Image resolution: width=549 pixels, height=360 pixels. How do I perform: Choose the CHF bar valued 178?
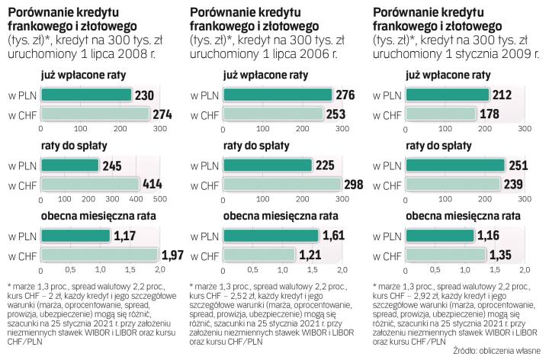[445, 114]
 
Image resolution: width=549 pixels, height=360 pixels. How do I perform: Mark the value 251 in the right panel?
[517, 166]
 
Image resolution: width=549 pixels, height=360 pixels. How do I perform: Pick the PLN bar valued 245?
[69, 166]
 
